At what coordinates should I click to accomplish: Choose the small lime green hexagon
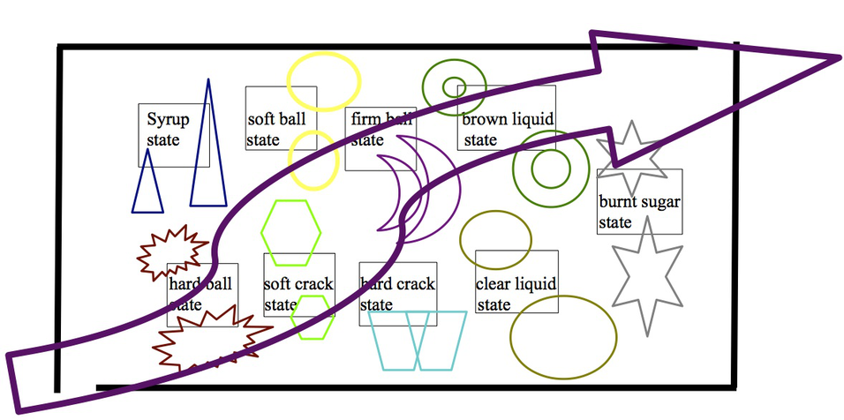tap(313, 318)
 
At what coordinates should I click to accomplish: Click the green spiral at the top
tap(453, 86)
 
